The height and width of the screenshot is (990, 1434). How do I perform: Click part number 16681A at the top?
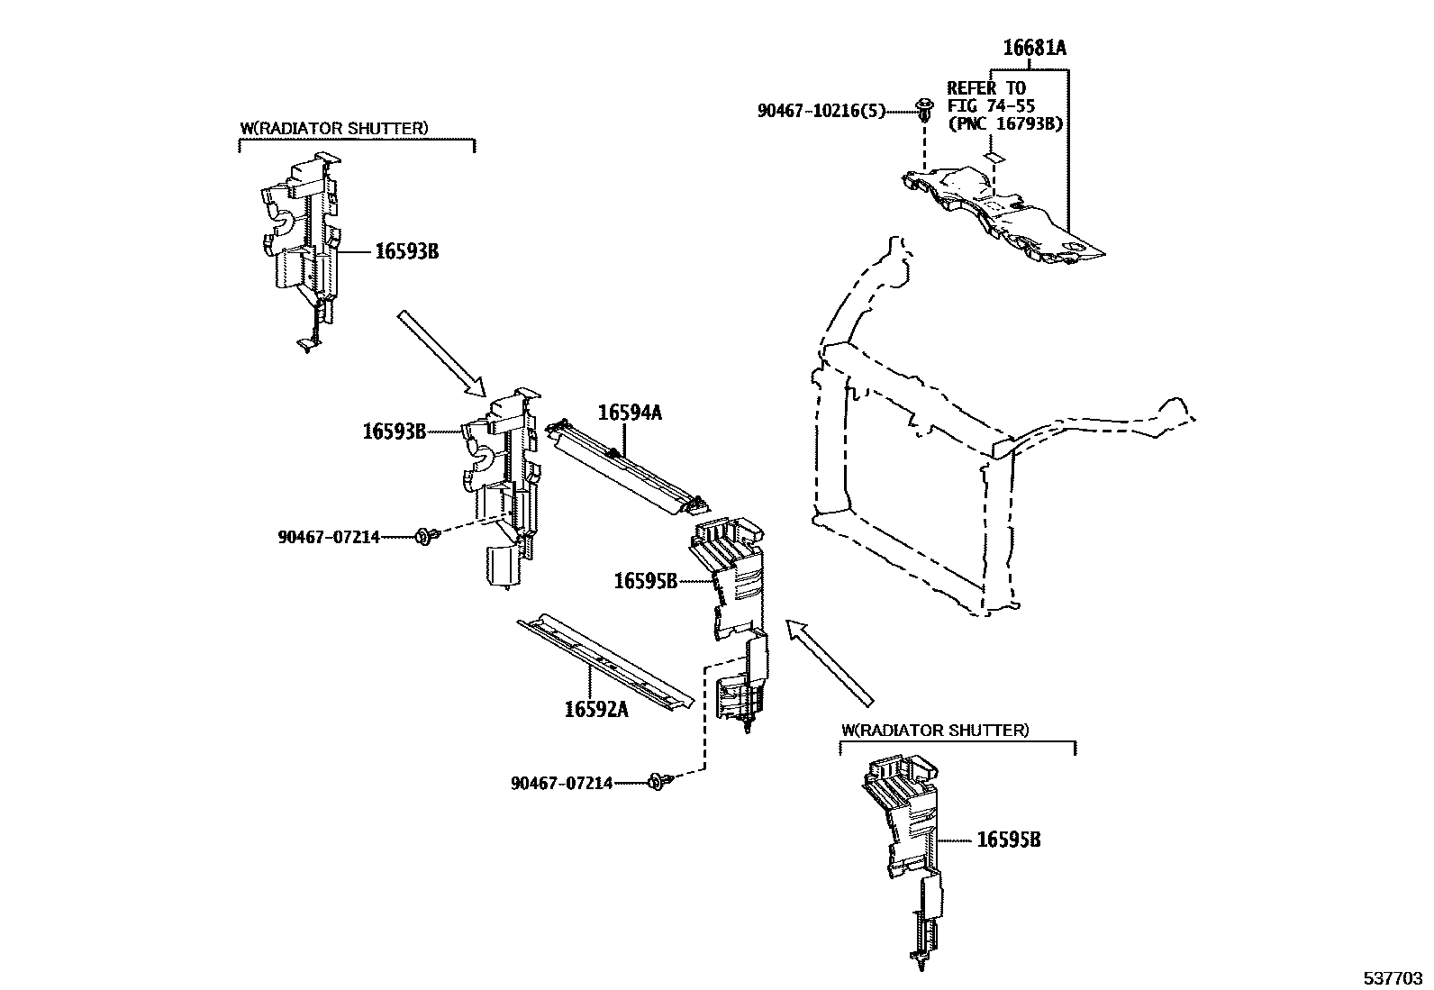pyautogui.click(x=1035, y=49)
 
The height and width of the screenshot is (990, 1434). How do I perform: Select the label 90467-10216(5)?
pyautogui.click(x=821, y=111)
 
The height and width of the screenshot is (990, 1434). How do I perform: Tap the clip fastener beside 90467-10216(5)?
pyautogui.click(x=924, y=110)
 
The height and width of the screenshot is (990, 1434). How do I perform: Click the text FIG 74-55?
pyautogui.click(x=991, y=105)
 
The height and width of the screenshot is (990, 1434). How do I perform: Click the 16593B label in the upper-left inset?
pyautogui.click(x=406, y=251)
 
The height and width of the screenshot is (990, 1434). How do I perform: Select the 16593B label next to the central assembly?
pyautogui.click(x=394, y=431)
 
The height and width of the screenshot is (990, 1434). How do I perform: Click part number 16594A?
pyautogui.click(x=630, y=413)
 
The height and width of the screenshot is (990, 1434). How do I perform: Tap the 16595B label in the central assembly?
pyautogui.click(x=645, y=581)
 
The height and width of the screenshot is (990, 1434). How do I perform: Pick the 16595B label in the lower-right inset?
pyautogui.click(x=1009, y=840)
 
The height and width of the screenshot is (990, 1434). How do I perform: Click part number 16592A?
pyautogui.click(x=595, y=709)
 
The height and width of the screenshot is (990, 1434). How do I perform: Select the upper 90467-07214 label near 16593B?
pyautogui.click(x=328, y=538)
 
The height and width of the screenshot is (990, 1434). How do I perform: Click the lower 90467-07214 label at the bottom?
pyautogui.click(x=561, y=784)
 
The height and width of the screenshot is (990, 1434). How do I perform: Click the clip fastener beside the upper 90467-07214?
pyautogui.click(x=426, y=537)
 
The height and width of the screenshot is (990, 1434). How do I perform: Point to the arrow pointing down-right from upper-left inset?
pyautogui.click(x=442, y=353)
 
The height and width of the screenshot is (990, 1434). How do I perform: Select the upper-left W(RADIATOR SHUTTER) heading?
pyautogui.click(x=334, y=128)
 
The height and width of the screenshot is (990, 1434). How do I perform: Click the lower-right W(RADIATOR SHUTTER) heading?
pyautogui.click(x=935, y=730)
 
